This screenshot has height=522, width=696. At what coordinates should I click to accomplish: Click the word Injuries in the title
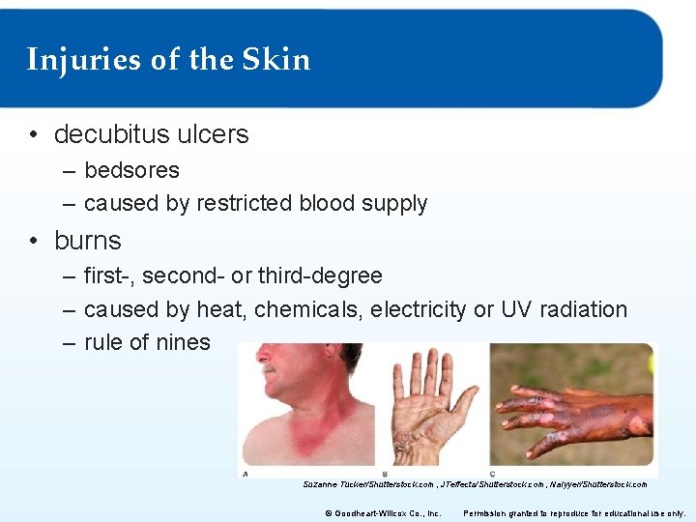coord(84,60)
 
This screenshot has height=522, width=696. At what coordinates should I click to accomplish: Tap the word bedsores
coord(131,170)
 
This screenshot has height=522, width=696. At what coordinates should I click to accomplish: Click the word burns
coord(88,240)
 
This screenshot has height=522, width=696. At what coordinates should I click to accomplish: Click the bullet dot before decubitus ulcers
coord(34,135)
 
